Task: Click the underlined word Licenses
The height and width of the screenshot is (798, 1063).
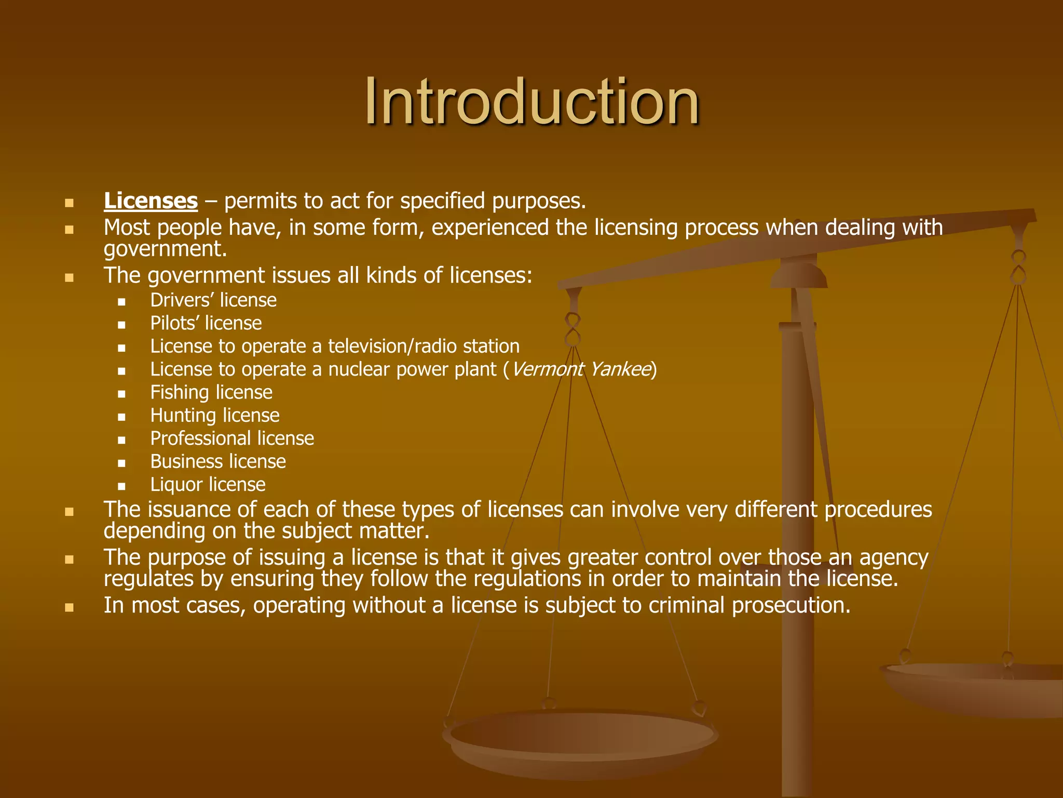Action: pyautogui.click(x=151, y=201)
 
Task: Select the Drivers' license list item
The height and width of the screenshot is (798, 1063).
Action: pyautogui.click(x=213, y=300)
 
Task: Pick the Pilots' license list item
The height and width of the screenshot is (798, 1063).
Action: pyautogui.click(x=206, y=323)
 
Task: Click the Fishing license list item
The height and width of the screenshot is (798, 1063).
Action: pyautogui.click(x=211, y=392)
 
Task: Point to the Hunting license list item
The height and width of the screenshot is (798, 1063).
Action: pyautogui.click(x=215, y=416)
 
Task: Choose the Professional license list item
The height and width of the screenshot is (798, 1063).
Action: pyautogui.click(x=232, y=438)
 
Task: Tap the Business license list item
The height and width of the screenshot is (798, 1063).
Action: pyautogui.click(x=218, y=461)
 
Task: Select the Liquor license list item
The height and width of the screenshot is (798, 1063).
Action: pyautogui.click(x=208, y=485)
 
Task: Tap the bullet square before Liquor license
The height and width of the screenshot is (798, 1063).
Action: pyautogui.click(x=121, y=487)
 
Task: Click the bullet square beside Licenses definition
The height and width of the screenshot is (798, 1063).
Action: pyautogui.click(x=69, y=203)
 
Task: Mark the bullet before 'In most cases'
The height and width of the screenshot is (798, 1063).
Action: pyautogui.click(x=69, y=607)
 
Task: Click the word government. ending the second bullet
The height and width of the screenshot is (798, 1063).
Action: pyautogui.click(x=165, y=249)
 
